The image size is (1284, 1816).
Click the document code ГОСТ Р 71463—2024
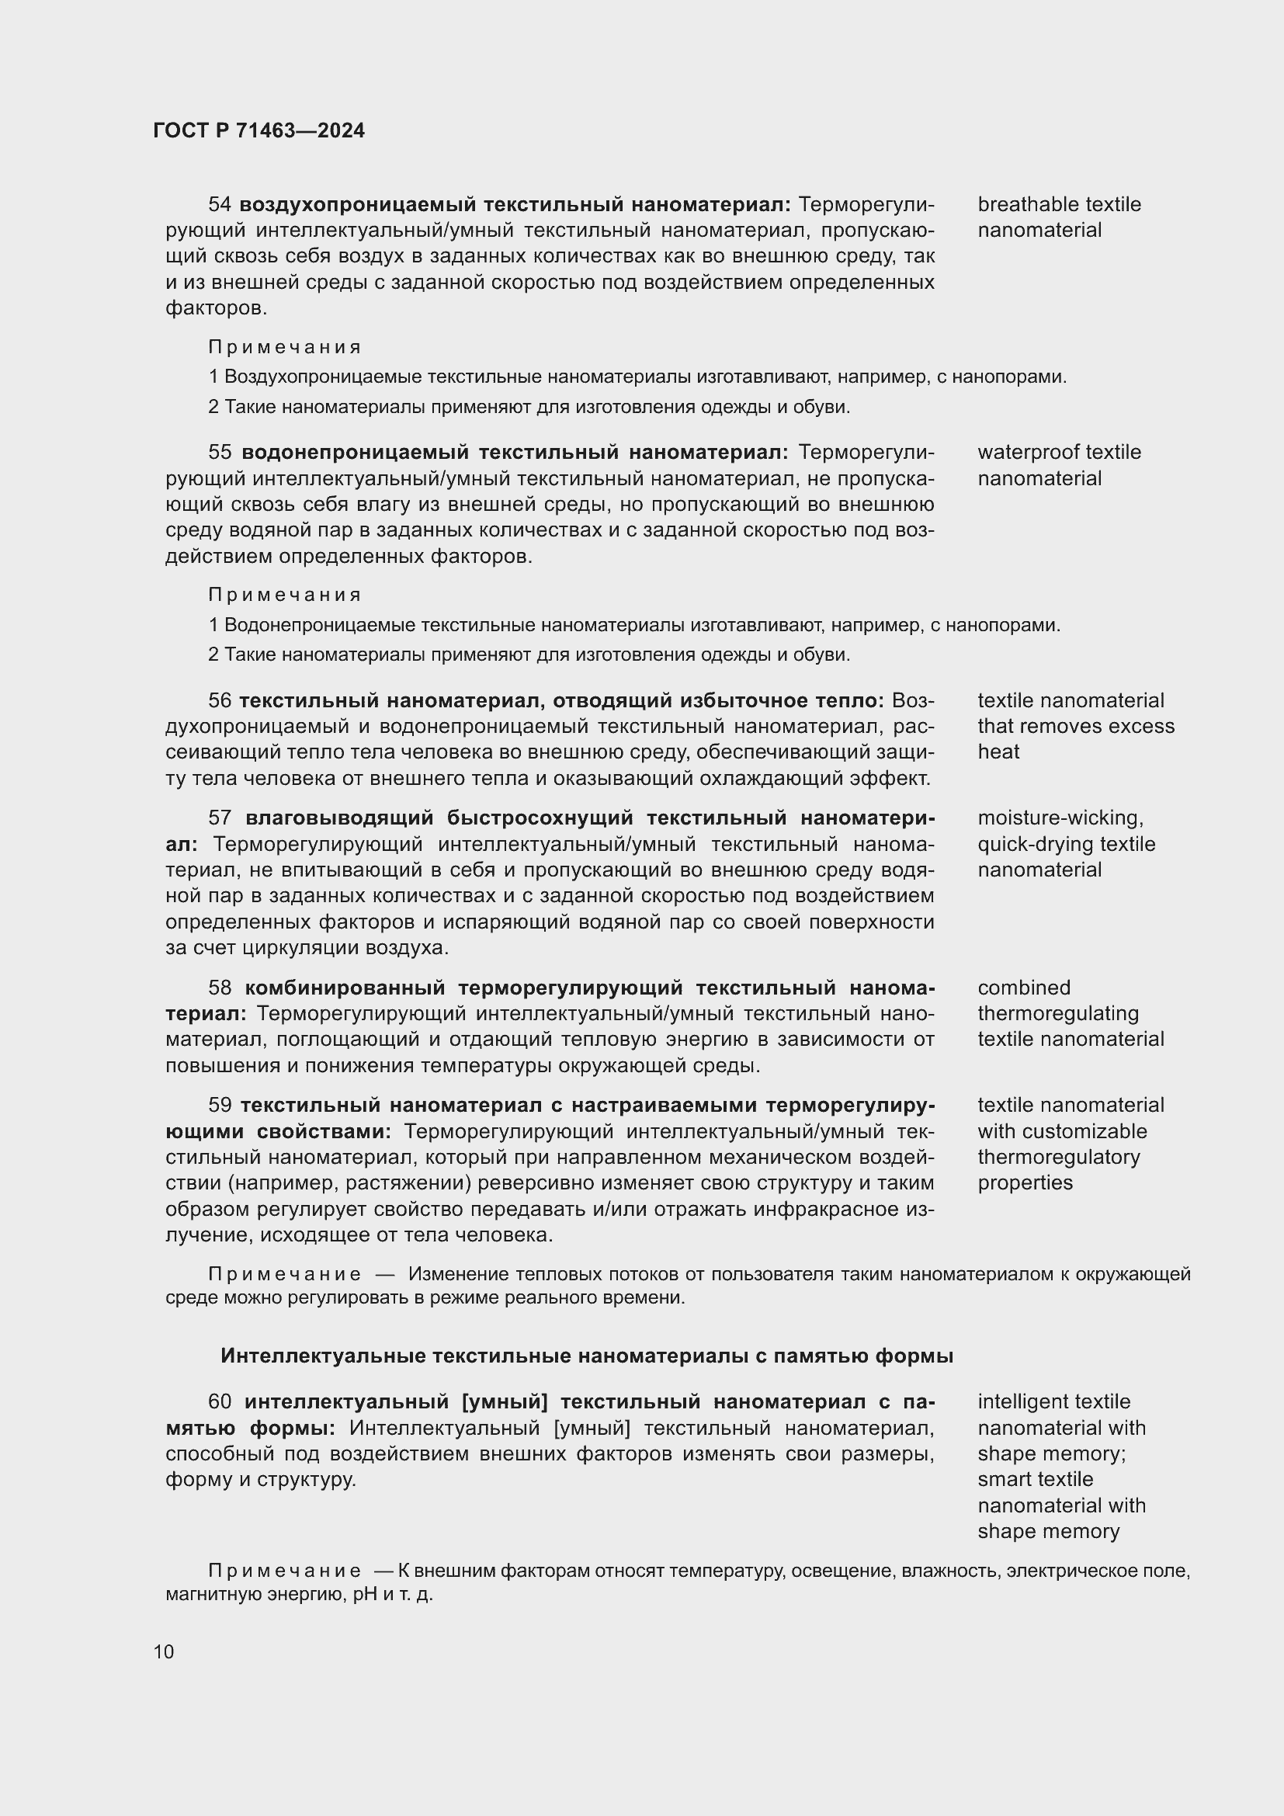(259, 131)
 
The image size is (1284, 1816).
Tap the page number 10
(164, 1651)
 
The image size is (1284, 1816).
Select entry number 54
(219, 205)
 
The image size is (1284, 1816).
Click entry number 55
(219, 453)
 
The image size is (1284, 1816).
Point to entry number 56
(219, 701)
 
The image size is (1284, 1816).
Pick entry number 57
(219, 818)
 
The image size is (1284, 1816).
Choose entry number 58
(219, 988)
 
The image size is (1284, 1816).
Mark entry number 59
(219, 1105)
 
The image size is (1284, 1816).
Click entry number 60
(219, 1401)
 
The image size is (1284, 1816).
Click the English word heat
(998, 752)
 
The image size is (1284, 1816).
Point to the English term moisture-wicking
(1060, 818)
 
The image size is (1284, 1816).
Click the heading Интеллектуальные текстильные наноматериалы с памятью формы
(587, 1356)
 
